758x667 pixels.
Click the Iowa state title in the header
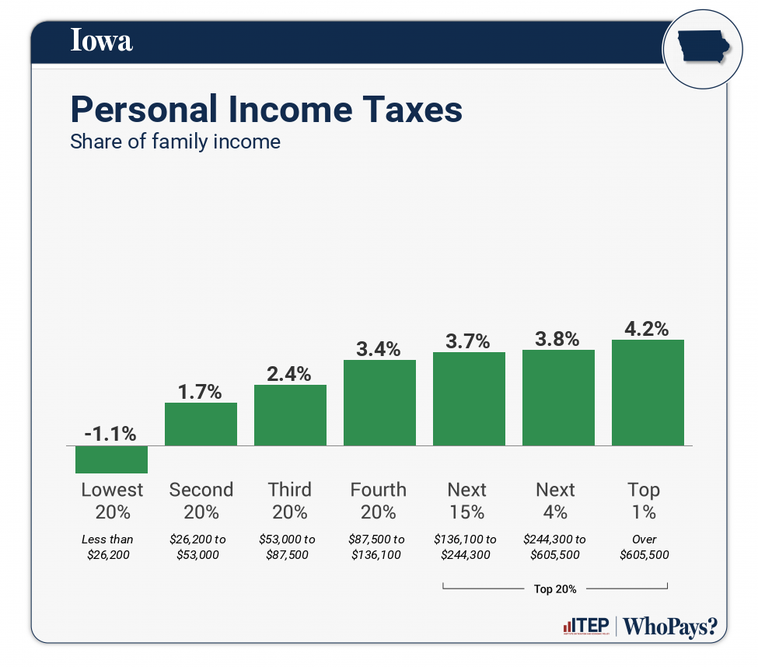(x=102, y=40)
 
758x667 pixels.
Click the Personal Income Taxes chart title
(x=266, y=110)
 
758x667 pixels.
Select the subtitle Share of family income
(x=175, y=142)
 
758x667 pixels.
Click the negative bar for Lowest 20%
(x=111, y=459)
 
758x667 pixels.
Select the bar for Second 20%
(x=201, y=424)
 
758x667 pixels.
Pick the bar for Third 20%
(x=290, y=415)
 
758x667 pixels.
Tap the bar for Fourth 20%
(x=379, y=403)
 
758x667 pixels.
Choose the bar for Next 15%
(x=469, y=399)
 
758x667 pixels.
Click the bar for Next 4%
(x=558, y=397)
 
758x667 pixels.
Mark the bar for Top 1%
(x=648, y=393)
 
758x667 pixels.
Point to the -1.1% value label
(x=111, y=433)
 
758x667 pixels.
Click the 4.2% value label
(x=647, y=328)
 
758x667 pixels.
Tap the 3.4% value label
(x=379, y=348)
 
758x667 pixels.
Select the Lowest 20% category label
(x=112, y=501)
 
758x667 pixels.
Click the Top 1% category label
(x=644, y=501)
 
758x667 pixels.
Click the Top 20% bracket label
(x=555, y=588)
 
